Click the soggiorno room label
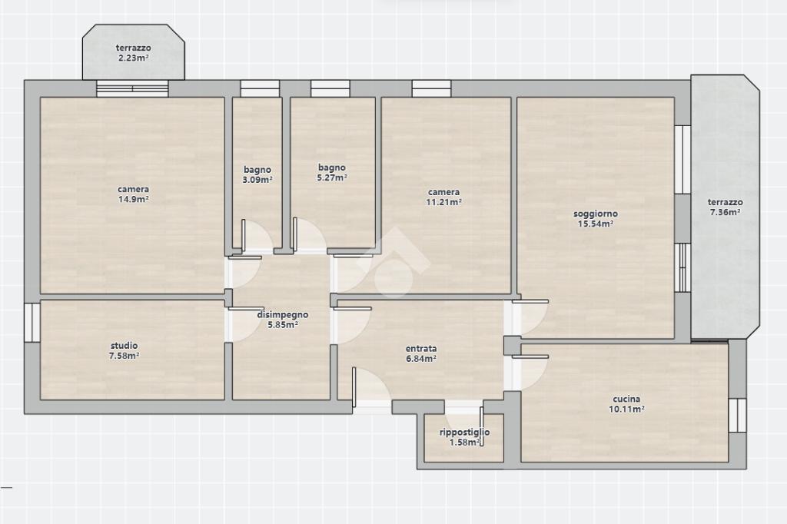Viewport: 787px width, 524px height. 596,214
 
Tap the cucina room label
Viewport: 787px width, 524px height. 626,399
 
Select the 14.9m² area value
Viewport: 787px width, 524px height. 133,199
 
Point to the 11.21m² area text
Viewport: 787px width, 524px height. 443,202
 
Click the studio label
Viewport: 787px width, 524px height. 124,346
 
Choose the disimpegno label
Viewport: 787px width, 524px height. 283,315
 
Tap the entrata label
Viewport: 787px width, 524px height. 421,348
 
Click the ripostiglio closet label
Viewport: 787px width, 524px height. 465,432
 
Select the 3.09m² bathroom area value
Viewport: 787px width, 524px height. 257,180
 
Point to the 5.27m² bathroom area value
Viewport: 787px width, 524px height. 332,177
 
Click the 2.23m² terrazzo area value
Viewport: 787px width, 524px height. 134,58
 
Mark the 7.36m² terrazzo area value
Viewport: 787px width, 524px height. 726,212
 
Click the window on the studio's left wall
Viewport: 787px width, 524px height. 32,322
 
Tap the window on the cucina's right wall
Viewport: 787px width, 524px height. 737,415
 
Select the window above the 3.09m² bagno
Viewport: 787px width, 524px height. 260,88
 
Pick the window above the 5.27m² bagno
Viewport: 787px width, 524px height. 330,88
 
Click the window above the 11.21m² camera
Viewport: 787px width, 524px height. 431,88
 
